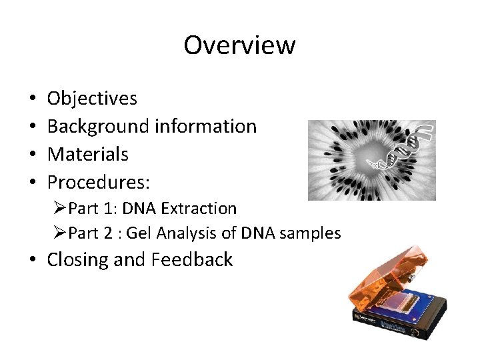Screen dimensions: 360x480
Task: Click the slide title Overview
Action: point(239,45)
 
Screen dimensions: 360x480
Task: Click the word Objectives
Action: point(92,99)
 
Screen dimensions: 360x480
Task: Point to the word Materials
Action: point(87,155)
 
